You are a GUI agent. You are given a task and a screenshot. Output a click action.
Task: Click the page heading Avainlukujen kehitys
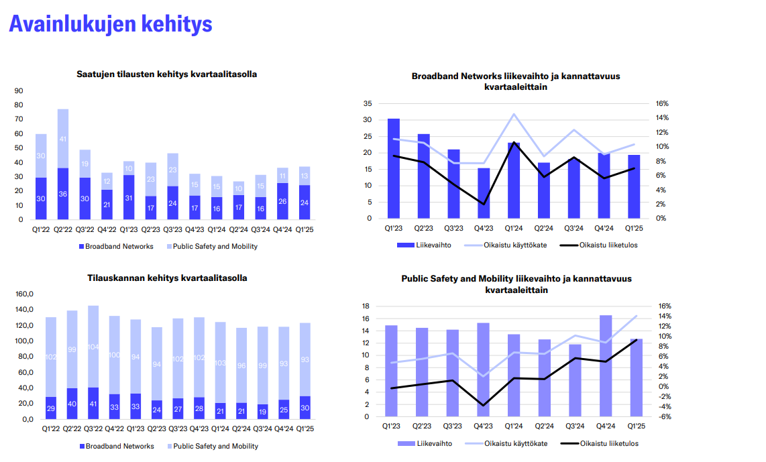tap(111, 24)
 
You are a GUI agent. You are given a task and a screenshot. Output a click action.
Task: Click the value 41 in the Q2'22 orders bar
tap(62, 139)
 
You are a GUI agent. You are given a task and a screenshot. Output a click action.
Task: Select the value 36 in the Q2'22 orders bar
tap(62, 194)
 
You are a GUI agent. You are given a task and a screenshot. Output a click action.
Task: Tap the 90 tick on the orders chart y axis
tap(18, 91)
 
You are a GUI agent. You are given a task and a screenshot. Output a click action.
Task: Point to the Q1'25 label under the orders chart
tap(305, 229)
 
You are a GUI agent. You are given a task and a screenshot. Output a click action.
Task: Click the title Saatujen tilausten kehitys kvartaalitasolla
tap(166, 74)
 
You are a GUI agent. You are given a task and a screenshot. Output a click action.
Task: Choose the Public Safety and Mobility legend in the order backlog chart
tap(215, 446)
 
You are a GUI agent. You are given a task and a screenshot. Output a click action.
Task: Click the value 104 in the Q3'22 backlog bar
tap(93, 347)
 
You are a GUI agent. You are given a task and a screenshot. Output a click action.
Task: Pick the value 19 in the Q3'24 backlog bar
tap(263, 410)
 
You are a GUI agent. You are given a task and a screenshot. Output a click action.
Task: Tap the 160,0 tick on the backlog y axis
tap(24, 294)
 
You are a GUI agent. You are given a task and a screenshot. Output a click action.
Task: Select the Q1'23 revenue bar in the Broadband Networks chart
tap(394, 168)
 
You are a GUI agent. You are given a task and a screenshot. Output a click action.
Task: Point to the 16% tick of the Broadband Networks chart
tap(662, 104)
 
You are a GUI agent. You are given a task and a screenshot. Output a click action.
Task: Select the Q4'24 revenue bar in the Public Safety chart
tap(606, 365)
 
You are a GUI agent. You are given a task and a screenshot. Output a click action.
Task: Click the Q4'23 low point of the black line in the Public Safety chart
tap(484, 405)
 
